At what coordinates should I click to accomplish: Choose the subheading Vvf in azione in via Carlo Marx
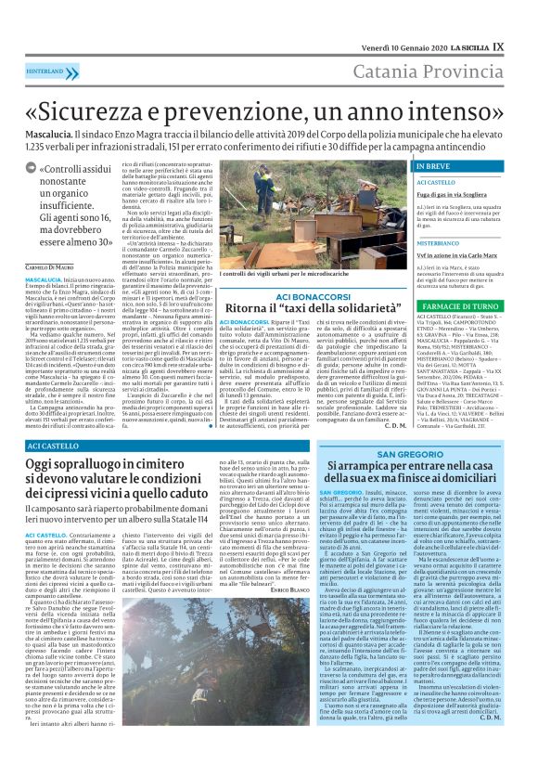pyautogui.click(x=457, y=253)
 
